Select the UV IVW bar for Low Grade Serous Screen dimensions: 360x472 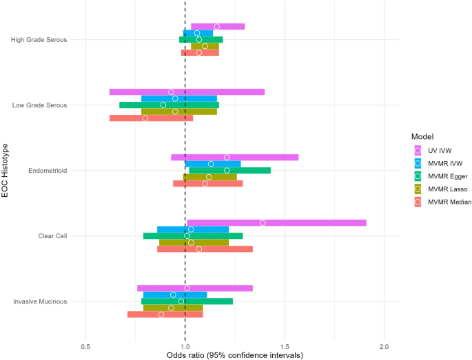click(x=187, y=92)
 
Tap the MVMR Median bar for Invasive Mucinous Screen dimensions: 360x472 click(x=165, y=315)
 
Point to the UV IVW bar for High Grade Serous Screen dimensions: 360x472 click(x=218, y=27)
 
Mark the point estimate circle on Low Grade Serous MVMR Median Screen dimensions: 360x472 click(x=145, y=118)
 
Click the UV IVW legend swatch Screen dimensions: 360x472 click(x=417, y=150)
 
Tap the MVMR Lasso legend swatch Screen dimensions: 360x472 click(x=417, y=189)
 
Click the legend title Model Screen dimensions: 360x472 click(x=421, y=136)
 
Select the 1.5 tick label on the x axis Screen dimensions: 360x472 click(x=285, y=346)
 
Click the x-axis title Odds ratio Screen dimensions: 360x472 click(x=234, y=355)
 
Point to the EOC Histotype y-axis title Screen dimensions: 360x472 click(x=6, y=171)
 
